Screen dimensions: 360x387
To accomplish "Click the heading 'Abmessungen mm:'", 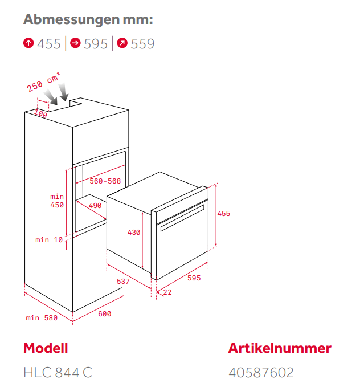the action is point(88,19).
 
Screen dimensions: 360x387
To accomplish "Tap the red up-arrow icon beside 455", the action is point(28,43).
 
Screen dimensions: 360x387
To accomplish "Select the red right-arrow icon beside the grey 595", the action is point(76,43).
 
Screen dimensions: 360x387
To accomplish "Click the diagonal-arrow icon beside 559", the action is point(122,43).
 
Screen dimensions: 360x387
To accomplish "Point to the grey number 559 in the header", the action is point(142,44).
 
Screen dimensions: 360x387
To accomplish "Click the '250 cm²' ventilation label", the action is point(43,82).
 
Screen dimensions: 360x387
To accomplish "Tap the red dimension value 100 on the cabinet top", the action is point(40,113).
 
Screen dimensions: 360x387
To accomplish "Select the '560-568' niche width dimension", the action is point(105,181).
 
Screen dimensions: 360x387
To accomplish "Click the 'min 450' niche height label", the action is point(57,201).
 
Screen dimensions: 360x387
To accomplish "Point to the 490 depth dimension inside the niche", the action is point(95,205).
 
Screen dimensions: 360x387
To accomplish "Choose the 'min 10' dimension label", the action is point(49,239).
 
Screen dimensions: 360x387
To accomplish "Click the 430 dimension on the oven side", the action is point(134,232).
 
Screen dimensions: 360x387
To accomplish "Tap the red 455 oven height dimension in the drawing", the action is point(223,214).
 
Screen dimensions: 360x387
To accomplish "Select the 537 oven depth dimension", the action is point(123,281).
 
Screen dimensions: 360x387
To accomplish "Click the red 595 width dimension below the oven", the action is point(194,278).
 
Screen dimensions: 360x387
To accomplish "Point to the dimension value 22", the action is point(167,292).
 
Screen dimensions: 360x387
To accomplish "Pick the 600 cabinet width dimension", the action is point(105,313).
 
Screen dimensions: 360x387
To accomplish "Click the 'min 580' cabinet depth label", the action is point(42,317).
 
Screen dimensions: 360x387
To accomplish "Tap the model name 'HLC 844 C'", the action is point(58,372).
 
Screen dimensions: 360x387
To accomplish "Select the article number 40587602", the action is point(261,372).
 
